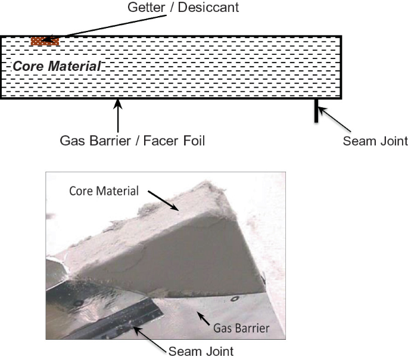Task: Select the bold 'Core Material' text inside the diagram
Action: tap(57, 66)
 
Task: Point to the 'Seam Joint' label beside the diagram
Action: tap(376, 141)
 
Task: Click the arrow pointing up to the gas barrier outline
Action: tap(119, 115)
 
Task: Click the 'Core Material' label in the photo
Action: tap(104, 191)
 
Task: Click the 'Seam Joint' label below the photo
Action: tap(201, 351)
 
